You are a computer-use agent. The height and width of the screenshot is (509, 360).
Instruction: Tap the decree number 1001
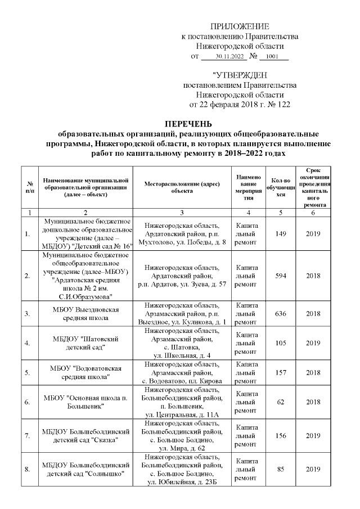pyautogui.click(x=272, y=57)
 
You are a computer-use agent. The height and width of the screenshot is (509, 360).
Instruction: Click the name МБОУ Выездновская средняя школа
pyautogui.click(x=86, y=313)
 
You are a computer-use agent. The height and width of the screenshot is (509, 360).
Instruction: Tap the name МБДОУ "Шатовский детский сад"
pyautogui.click(x=86, y=343)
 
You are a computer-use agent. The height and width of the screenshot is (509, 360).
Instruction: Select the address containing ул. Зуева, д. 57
pyautogui.click(x=182, y=276)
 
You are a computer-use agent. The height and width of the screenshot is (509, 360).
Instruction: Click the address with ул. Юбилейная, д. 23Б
pyautogui.click(x=182, y=470)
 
